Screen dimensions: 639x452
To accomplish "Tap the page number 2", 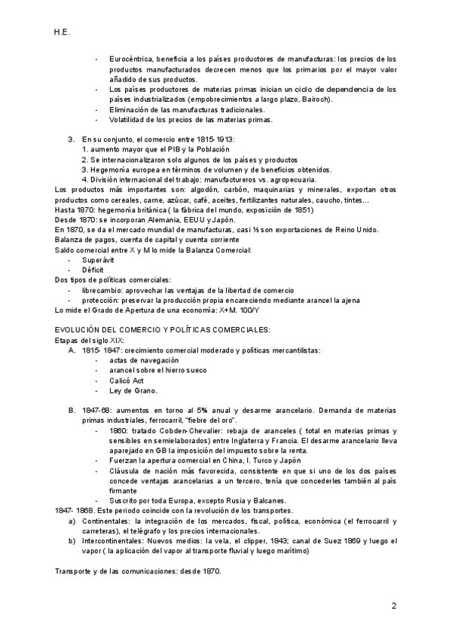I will coord(393,605).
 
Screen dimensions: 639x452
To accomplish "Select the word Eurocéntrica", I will coord(133,59).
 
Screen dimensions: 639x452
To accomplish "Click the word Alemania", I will coord(165,219).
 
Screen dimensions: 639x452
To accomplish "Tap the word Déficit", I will coord(93,270).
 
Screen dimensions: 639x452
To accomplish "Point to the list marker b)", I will coord(72,540).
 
